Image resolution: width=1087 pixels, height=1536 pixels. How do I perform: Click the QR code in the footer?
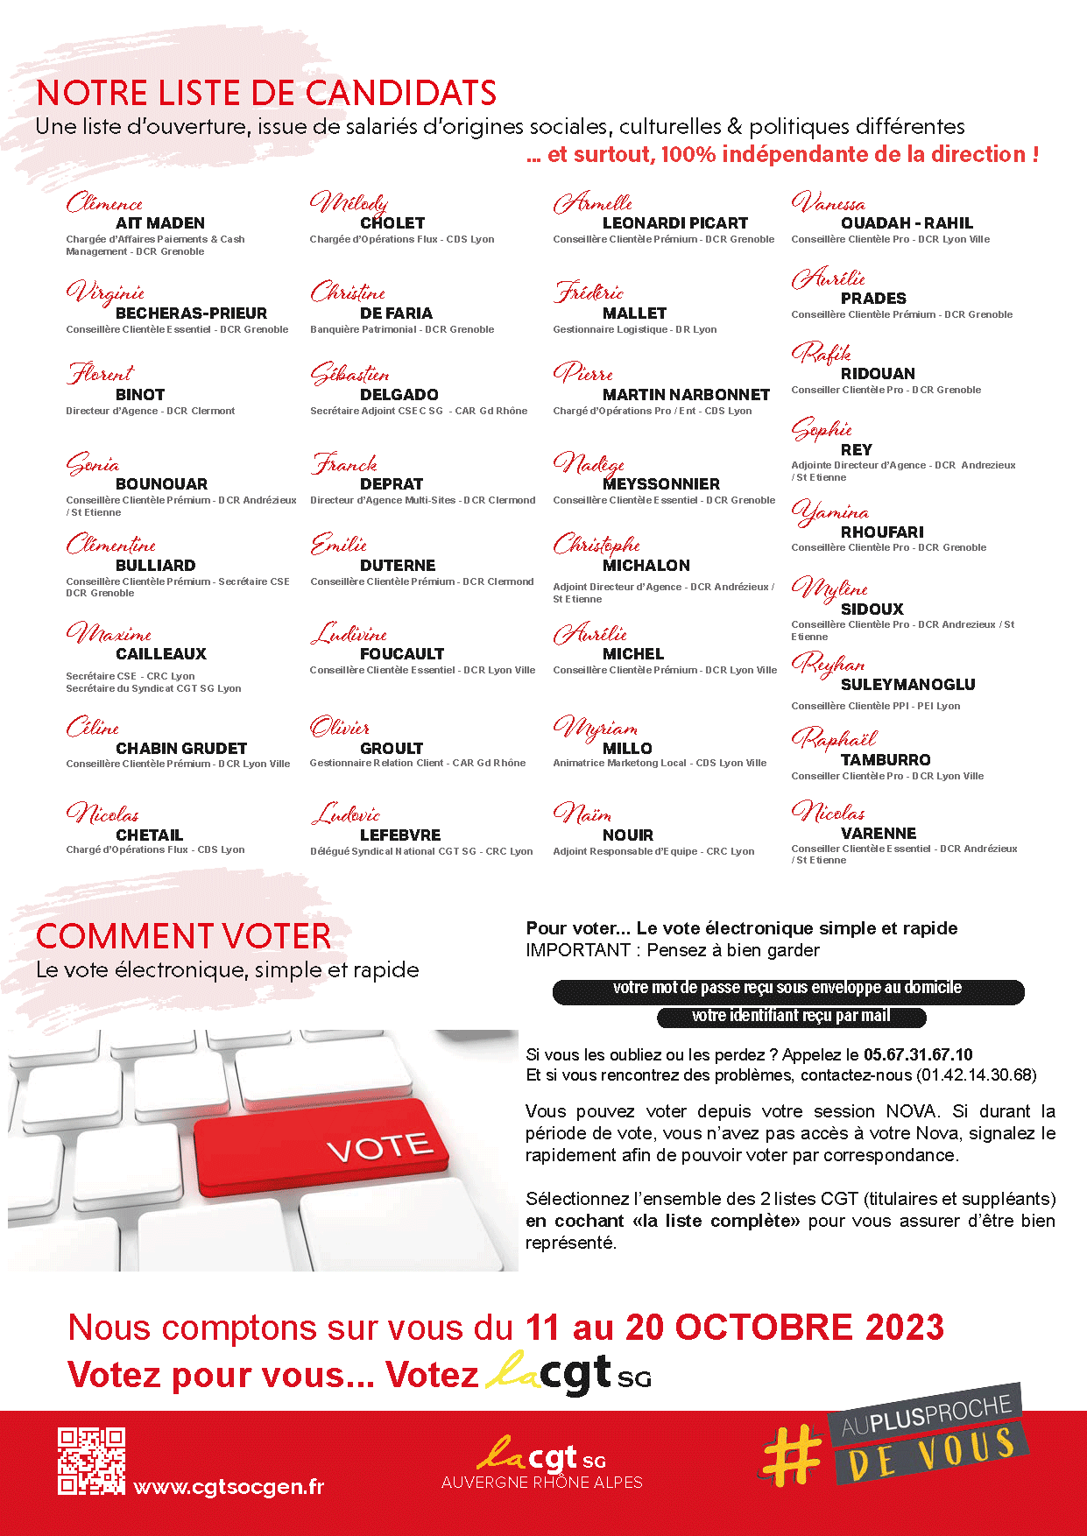click(x=91, y=1461)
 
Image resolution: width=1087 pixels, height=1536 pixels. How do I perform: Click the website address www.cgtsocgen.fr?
click(x=229, y=1487)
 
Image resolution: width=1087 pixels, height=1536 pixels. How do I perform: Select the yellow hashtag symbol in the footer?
click(x=793, y=1455)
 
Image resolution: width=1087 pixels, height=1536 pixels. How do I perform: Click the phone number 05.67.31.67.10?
click(x=918, y=1054)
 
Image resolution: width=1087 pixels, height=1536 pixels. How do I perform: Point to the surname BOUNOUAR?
click(x=161, y=484)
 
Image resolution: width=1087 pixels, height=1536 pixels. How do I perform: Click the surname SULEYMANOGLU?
click(x=907, y=685)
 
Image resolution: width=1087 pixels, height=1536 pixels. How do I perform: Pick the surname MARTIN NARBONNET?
click(x=686, y=395)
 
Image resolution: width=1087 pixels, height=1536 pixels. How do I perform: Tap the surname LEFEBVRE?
click(x=400, y=835)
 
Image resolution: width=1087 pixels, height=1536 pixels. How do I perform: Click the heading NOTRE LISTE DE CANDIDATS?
click(x=266, y=94)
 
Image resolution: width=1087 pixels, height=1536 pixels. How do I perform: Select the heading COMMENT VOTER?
click(x=183, y=937)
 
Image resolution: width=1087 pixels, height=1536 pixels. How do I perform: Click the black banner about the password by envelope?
click(x=787, y=990)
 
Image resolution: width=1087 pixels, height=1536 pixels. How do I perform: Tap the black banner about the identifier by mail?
click(x=791, y=1017)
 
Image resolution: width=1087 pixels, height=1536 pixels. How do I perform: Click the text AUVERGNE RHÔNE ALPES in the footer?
click(x=541, y=1483)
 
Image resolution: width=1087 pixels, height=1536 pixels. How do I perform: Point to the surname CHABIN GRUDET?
click(x=181, y=749)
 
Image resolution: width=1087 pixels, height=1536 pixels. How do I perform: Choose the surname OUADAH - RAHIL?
click(x=907, y=223)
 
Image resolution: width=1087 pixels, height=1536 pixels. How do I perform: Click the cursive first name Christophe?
click(x=596, y=545)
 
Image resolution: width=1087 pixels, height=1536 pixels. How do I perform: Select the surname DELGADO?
click(x=399, y=395)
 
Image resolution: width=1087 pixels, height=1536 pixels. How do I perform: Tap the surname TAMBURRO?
click(x=886, y=760)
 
